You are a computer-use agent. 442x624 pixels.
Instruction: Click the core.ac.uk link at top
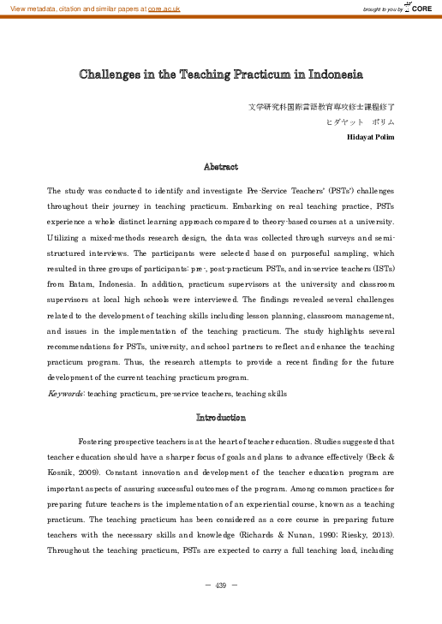[x=164, y=8]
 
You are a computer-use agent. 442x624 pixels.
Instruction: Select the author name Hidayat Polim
[x=370, y=137]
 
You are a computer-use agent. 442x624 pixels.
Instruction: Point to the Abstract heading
[x=221, y=166]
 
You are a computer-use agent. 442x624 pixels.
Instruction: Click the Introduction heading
[x=221, y=418]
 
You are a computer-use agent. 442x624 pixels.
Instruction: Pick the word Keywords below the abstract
[x=65, y=394]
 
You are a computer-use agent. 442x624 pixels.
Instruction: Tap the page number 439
[x=221, y=585]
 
